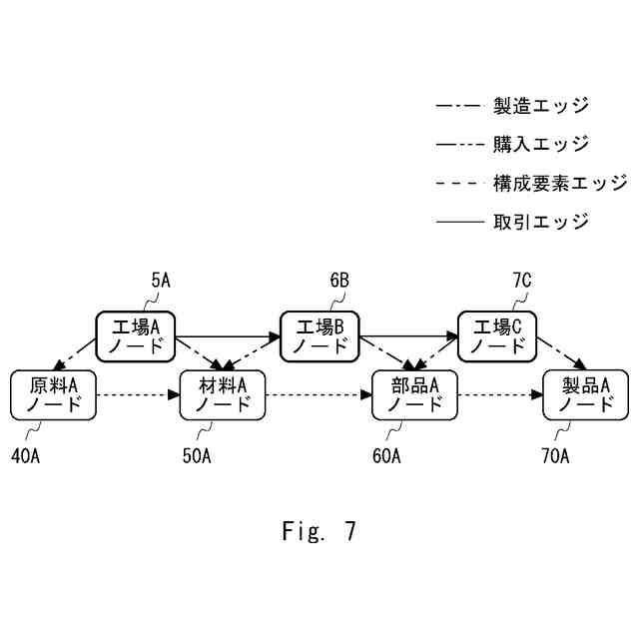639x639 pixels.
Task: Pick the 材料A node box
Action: [x=222, y=394]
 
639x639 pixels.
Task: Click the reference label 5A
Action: [x=161, y=282]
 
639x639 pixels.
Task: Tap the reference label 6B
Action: [x=338, y=282]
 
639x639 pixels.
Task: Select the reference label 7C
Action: [x=521, y=282]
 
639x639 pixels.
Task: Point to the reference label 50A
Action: [x=196, y=457]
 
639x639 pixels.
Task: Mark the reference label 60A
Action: [x=385, y=457]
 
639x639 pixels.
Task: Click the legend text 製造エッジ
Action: [x=540, y=105]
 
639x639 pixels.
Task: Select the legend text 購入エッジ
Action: [x=540, y=144]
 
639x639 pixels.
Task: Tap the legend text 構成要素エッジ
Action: [x=559, y=183]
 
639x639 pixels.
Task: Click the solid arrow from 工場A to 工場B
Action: [x=228, y=336]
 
